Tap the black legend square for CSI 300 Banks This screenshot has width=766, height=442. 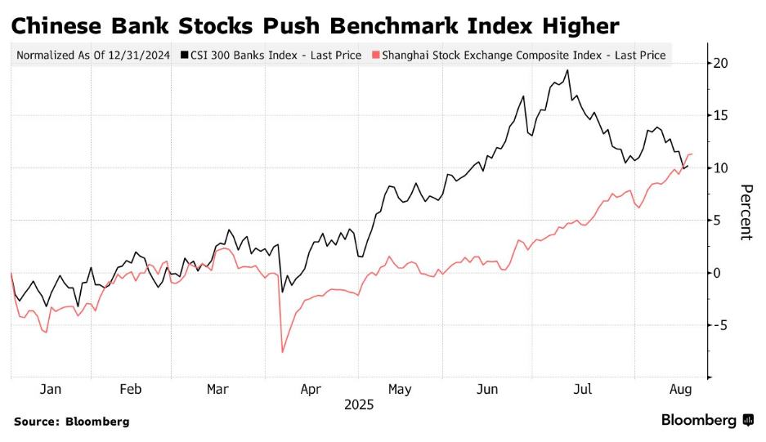click(185, 56)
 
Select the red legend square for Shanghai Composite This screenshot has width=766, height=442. click(375, 56)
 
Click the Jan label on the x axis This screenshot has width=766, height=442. click(51, 390)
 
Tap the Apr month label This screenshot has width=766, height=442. click(311, 390)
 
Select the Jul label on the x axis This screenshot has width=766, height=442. click(582, 390)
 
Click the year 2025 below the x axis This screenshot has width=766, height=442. click(358, 404)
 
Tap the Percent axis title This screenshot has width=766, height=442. click(746, 212)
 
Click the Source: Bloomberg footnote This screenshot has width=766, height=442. click(71, 422)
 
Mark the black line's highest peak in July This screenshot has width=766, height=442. click(567, 70)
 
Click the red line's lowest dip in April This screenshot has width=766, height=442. click(282, 352)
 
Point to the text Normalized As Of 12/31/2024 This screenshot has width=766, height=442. click(93, 56)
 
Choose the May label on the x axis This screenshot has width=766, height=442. click(399, 390)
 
